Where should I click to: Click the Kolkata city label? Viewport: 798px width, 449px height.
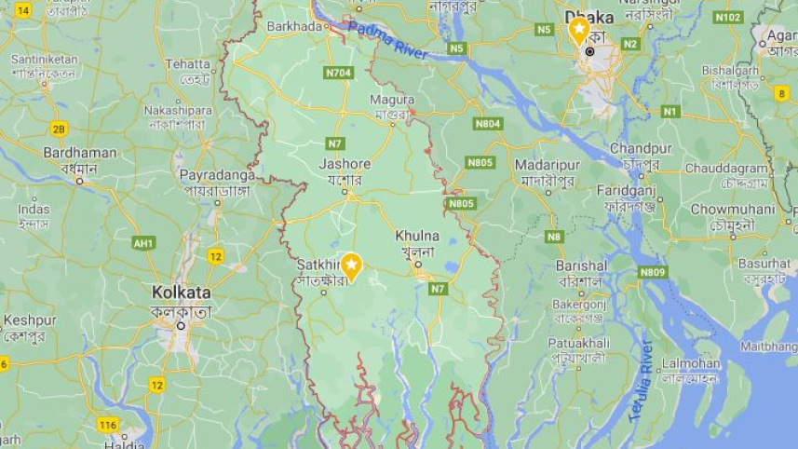pyautogui.click(x=182, y=293)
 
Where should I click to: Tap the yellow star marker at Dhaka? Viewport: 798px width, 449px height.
pyautogui.click(x=579, y=31)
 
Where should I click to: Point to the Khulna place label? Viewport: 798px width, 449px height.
pyautogui.click(x=416, y=237)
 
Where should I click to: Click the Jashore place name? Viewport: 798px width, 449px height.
pyautogui.click(x=345, y=164)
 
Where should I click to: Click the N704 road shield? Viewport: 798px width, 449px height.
pyautogui.click(x=339, y=72)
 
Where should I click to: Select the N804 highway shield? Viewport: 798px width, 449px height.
pyautogui.click(x=487, y=123)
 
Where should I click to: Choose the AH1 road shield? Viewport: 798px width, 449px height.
pyautogui.click(x=143, y=243)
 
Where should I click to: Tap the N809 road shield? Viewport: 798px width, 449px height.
pyautogui.click(x=653, y=272)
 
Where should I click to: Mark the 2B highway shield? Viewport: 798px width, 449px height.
pyautogui.click(x=60, y=129)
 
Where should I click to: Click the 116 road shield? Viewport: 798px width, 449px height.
pyautogui.click(x=108, y=425)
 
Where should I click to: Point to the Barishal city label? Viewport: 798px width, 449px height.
pyautogui.click(x=582, y=265)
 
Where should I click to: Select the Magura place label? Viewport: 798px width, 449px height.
pyautogui.click(x=392, y=100)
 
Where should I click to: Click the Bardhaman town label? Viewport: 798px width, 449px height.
pyautogui.click(x=80, y=153)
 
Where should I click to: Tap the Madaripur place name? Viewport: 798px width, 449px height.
pyautogui.click(x=547, y=164)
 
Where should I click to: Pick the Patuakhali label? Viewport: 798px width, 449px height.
pyautogui.click(x=578, y=343)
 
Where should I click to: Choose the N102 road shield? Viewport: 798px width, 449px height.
pyautogui.click(x=728, y=17)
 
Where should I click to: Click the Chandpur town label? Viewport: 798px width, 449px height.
pyautogui.click(x=641, y=148)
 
